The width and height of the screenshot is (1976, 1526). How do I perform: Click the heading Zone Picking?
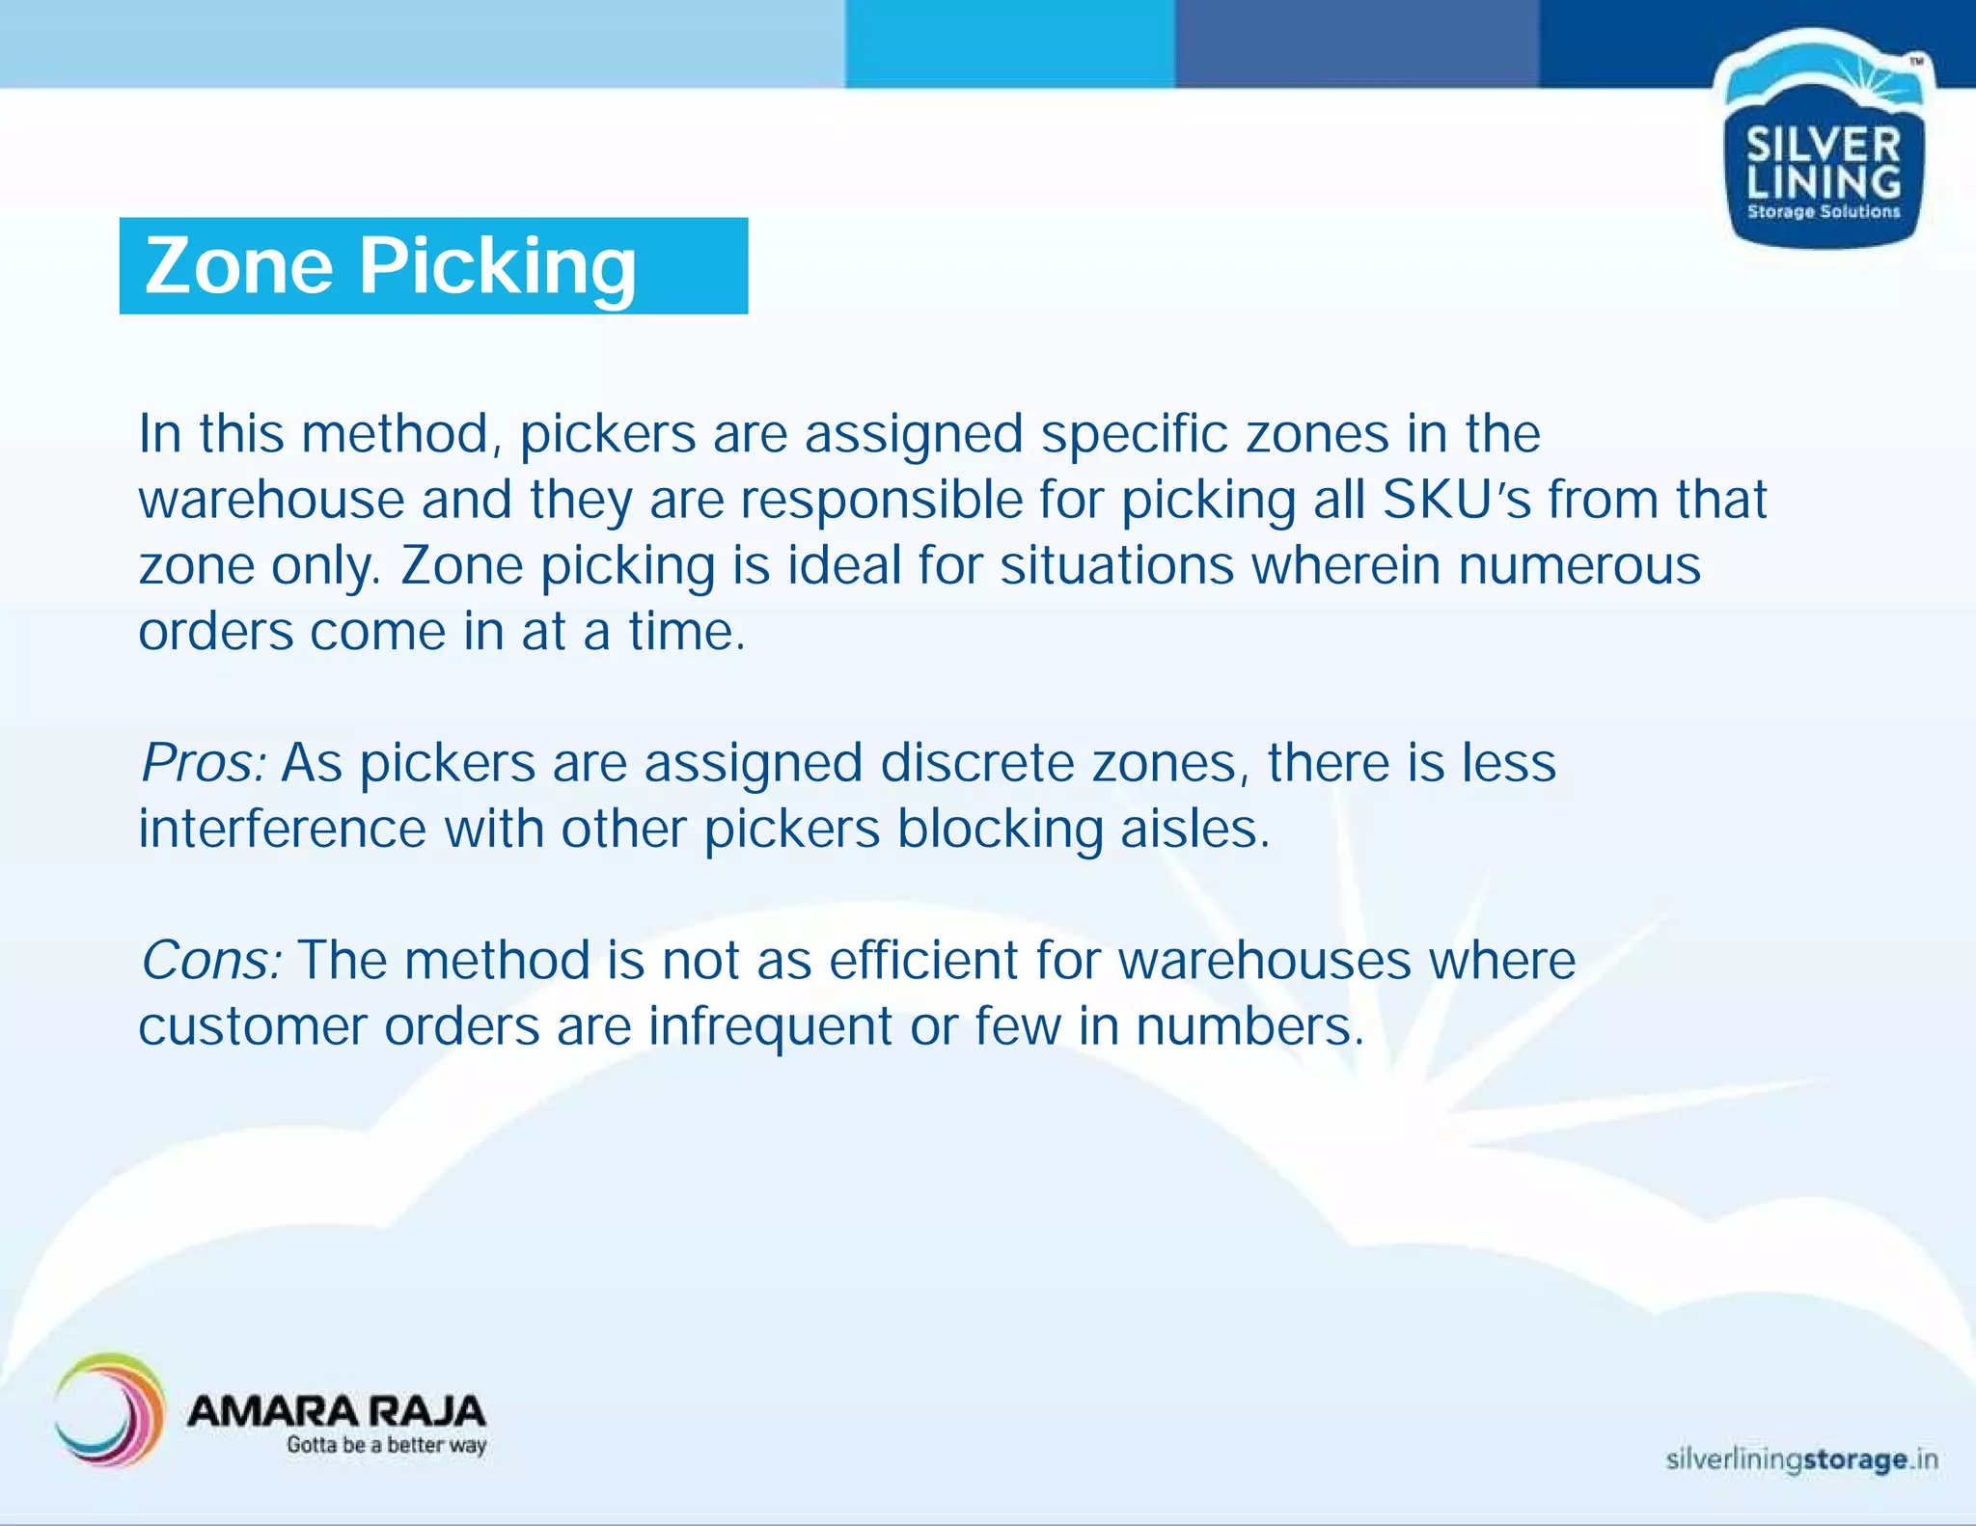pos(391,266)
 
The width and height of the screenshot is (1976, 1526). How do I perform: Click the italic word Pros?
pos(204,763)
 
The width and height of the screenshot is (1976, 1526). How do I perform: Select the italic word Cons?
pos(211,961)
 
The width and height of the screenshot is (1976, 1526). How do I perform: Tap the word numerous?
pos(1579,565)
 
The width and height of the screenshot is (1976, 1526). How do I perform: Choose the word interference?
pos(282,829)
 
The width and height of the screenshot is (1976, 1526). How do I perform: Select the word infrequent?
pos(770,1026)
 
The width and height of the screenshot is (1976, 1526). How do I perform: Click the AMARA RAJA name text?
pos(336,1411)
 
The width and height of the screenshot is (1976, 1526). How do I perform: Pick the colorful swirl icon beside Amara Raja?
pos(108,1410)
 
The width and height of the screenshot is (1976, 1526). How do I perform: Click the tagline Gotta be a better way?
pos(386,1445)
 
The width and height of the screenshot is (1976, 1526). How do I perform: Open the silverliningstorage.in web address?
pos(1800,1459)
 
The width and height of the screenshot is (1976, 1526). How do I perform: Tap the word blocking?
pos(1000,829)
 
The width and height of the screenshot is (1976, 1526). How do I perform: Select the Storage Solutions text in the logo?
pos(1823,211)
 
